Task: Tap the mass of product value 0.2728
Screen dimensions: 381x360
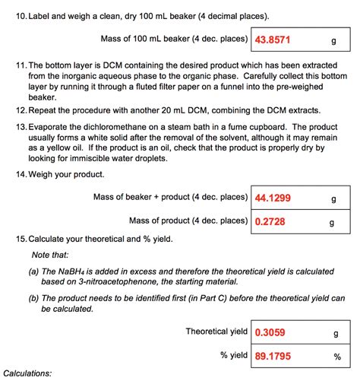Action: pyautogui.click(x=271, y=222)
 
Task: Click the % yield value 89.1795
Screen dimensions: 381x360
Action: pyautogui.click(x=273, y=354)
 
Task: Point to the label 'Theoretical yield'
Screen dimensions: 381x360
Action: pyautogui.click(x=216, y=332)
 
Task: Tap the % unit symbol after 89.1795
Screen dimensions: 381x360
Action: pyautogui.click(x=336, y=355)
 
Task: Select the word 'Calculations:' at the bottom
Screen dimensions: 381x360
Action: pyautogui.click(x=28, y=373)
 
